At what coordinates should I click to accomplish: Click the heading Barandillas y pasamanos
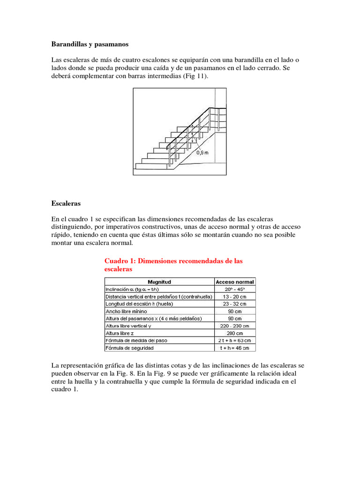click(x=90, y=44)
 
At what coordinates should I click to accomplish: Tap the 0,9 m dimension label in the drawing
click(x=202, y=152)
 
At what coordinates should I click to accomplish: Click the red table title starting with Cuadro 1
click(x=173, y=265)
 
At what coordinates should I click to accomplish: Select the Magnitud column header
click(x=159, y=282)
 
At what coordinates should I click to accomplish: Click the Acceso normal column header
click(x=235, y=282)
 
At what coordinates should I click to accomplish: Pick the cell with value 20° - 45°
click(x=235, y=289)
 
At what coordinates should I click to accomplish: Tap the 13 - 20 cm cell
click(x=235, y=297)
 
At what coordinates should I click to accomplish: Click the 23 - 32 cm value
click(x=235, y=304)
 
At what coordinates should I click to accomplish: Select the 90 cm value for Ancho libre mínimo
click(x=235, y=311)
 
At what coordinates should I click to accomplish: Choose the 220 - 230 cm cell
click(x=235, y=326)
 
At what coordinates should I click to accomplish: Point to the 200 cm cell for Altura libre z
click(x=235, y=333)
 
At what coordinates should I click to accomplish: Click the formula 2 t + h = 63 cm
click(x=235, y=340)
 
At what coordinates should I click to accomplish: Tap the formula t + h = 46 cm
click(x=235, y=348)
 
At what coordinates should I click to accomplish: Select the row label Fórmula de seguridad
click(x=129, y=348)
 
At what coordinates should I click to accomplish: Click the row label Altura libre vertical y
click(x=128, y=326)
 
